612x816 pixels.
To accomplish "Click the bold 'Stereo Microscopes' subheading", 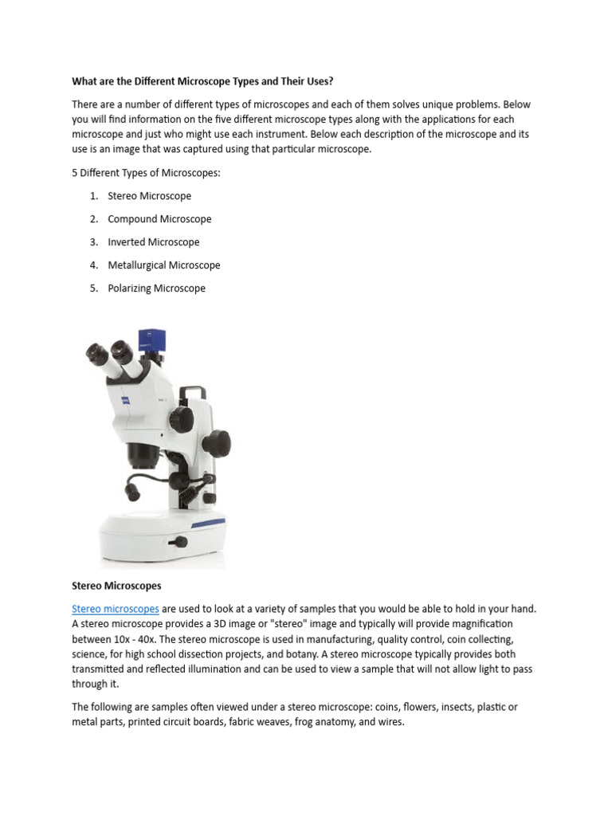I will pos(116,586).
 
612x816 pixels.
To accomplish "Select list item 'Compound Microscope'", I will pos(159,219).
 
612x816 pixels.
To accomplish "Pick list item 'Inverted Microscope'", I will pos(153,242).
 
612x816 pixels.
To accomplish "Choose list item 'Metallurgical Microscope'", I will pos(164,265).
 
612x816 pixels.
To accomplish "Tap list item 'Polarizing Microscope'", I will pos(156,288).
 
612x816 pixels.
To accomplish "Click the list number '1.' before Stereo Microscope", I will pos(94,196).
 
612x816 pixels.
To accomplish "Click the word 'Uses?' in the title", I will pos(317,81).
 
